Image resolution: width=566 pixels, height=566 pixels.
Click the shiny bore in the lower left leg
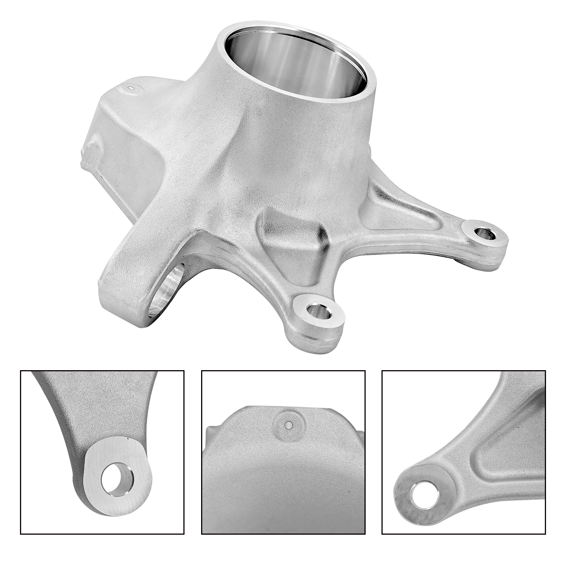pos(166,289)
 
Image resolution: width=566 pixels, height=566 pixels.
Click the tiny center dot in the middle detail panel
pos(289,426)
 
